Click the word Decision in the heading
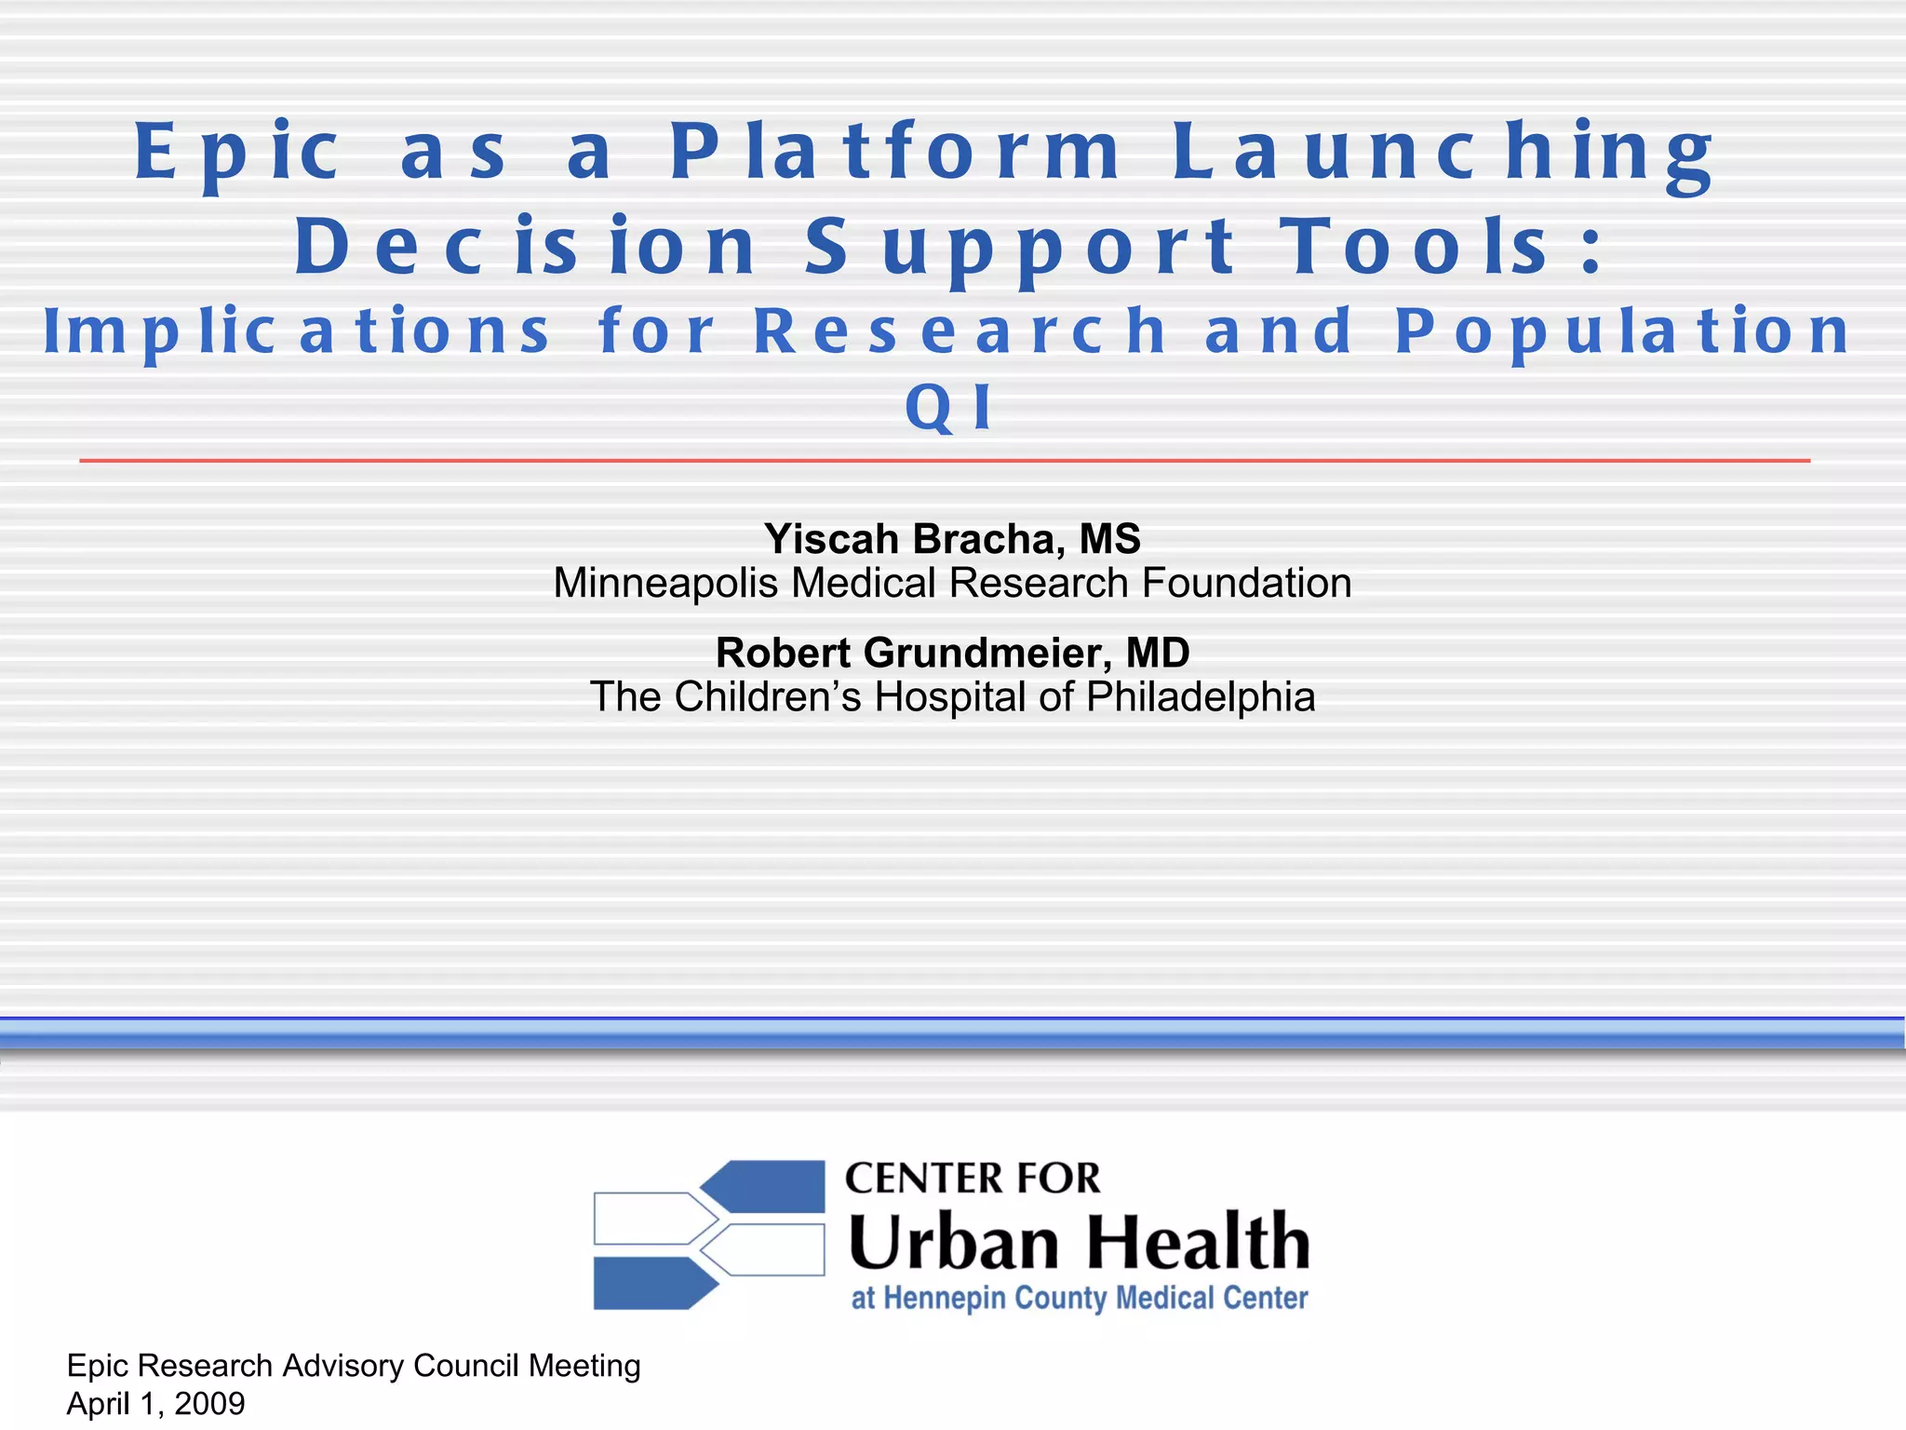(526, 248)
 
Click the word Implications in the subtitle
(298, 332)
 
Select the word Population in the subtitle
(1623, 332)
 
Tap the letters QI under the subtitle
(950, 408)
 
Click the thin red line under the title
(944, 461)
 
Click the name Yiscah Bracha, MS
(952, 539)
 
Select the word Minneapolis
(664, 584)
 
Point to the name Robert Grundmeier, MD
(952, 653)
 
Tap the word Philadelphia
(1201, 697)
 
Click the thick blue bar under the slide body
(953, 1033)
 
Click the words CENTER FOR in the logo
(973, 1179)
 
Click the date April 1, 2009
(156, 1404)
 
